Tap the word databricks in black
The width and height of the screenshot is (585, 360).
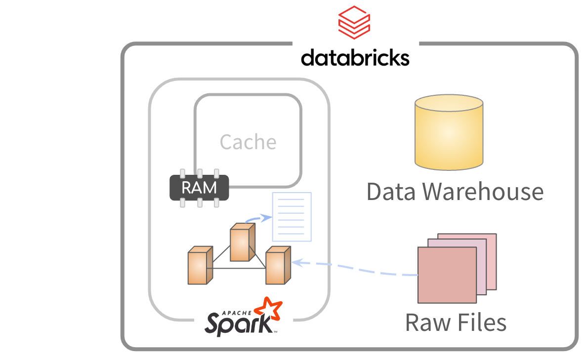tap(355, 58)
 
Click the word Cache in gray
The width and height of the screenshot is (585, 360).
tap(248, 142)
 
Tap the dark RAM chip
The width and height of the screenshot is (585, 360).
tap(199, 188)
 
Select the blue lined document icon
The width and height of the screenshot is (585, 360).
tap(292, 217)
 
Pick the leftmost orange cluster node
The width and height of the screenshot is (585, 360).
tap(200, 267)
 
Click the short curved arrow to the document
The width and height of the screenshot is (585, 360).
tap(258, 218)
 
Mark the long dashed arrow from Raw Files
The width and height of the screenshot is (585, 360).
tap(356, 269)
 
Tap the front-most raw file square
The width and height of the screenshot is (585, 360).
tap(447, 275)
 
